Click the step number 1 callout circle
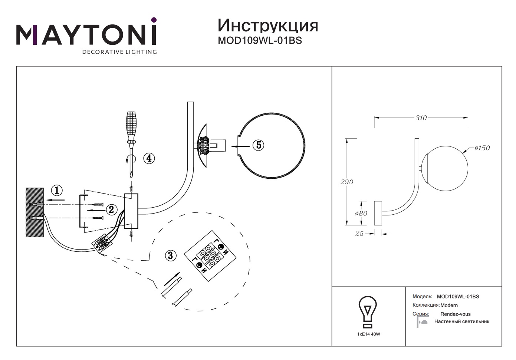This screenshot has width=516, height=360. [56, 191]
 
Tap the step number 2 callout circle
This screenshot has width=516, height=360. [112, 209]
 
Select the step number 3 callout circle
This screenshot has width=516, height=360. [170, 255]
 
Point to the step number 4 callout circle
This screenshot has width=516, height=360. [149, 158]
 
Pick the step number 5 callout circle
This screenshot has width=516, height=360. [258, 145]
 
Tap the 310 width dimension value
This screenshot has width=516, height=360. [421, 118]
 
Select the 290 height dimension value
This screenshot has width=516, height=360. [347, 182]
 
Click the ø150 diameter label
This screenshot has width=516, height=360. [482, 148]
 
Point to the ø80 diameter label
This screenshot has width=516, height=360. [361, 214]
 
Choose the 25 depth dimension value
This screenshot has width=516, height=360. [359, 234]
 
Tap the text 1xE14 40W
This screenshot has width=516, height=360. [368, 334]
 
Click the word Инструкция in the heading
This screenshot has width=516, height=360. [267, 25]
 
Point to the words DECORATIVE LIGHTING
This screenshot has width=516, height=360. [119, 52]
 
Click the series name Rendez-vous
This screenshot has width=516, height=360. [455, 314]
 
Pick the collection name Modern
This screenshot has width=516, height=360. [449, 305]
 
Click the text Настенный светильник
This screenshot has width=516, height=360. [461, 321]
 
